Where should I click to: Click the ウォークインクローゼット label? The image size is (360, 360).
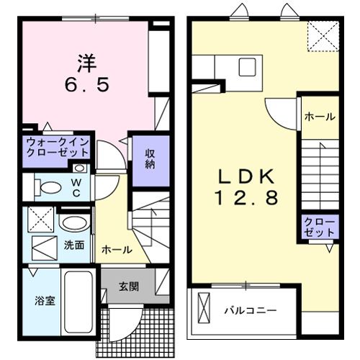coord(58,147)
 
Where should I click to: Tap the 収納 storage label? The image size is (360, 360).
coord(150,158)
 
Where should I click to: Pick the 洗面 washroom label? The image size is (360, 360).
coord(73,245)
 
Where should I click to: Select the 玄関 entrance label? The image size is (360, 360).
coord(129,286)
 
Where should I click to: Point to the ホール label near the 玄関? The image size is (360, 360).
coord(117,250)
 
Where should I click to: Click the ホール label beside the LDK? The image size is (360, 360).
coord(319,117)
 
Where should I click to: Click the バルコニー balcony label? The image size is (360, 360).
coord(249,311)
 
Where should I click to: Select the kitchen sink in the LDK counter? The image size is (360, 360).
coord(245,68)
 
